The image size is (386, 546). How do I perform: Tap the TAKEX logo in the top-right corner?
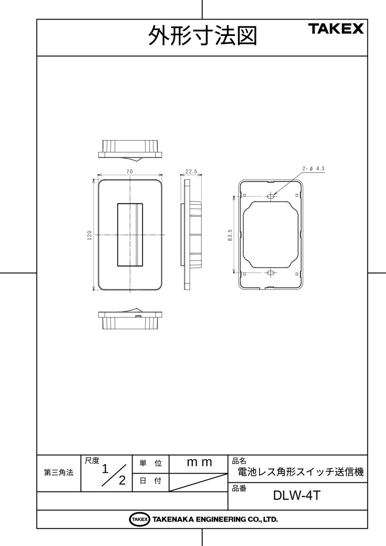tap(336, 29)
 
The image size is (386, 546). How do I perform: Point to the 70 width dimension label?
tap(130, 172)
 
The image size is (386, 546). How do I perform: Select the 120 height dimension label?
tap(90, 235)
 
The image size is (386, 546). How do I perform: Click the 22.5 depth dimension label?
tap(191, 172)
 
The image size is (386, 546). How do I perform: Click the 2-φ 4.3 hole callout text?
tap(313, 169)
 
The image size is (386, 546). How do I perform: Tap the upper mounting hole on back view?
tap(271, 197)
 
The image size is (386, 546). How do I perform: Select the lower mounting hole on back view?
tap(271, 273)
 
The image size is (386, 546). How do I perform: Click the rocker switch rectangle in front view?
tap(130, 234)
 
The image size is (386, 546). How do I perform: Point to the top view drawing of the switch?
tap(130, 150)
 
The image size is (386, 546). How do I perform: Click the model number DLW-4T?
tap(297, 495)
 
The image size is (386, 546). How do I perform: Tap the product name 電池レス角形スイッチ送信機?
tap(301, 472)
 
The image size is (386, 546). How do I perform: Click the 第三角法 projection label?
tap(58, 473)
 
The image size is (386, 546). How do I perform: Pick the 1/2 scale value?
tap(113, 474)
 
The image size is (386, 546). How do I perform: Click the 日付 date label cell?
tap(150, 481)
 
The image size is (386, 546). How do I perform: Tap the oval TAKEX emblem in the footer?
tap(139, 519)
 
